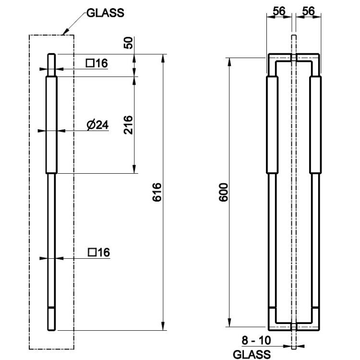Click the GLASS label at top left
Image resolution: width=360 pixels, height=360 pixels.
point(106,13)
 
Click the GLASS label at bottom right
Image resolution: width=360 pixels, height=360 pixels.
point(252,354)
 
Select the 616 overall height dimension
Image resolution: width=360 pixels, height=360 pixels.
point(157,192)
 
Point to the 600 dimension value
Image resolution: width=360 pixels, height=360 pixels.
point(223,192)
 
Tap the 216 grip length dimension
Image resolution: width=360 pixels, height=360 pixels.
point(128,125)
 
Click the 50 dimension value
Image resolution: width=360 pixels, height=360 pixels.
point(128,43)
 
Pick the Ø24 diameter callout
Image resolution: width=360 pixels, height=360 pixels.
point(97,125)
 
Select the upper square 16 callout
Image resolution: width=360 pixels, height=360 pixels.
point(97,63)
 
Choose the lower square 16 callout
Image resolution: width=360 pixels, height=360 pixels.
point(99,252)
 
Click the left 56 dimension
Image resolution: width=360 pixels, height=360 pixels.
point(279,11)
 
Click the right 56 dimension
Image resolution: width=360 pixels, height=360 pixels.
point(308,11)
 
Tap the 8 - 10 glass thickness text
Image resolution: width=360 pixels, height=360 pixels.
point(256,340)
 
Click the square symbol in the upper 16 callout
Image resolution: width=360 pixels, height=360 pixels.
point(90,63)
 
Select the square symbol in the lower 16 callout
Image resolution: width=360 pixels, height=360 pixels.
point(92,252)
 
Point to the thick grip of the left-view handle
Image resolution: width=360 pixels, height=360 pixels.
point(51,125)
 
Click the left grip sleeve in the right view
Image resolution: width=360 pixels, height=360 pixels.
point(272,125)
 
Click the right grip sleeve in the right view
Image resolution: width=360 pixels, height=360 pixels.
point(315,125)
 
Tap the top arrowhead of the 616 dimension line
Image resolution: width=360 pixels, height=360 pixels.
point(163,58)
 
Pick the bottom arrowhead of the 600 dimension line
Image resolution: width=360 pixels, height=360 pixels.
point(229,323)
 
